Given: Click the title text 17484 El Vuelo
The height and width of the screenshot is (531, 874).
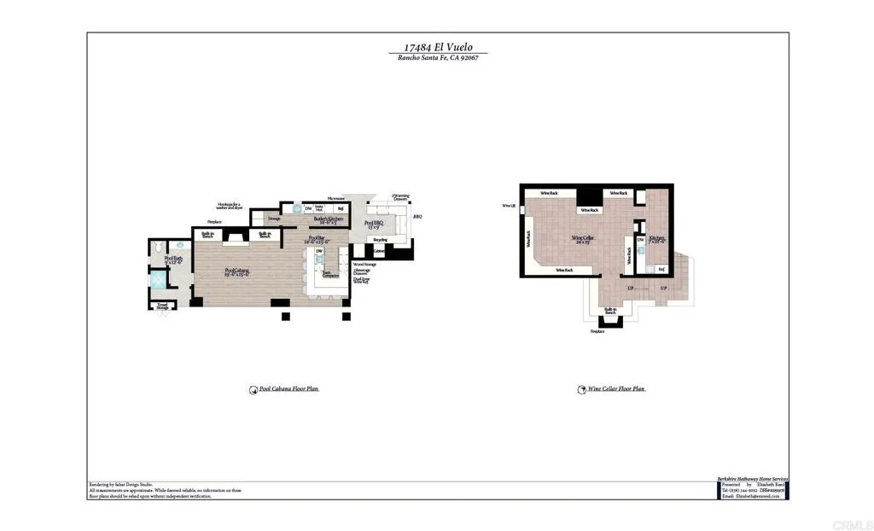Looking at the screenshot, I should [x=437, y=49].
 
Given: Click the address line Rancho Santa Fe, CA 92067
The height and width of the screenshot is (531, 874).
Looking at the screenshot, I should [x=437, y=58].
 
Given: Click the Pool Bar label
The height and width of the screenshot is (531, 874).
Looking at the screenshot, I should [x=318, y=240].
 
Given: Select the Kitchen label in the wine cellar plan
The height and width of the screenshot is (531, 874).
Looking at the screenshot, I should [x=656, y=240].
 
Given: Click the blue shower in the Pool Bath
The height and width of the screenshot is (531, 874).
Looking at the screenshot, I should [x=160, y=280].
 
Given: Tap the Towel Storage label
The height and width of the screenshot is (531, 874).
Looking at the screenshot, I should [x=162, y=305].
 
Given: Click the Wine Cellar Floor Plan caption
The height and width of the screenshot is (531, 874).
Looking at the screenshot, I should [x=615, y=388].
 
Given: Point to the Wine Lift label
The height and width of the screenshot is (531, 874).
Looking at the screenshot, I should [x=509, y=206].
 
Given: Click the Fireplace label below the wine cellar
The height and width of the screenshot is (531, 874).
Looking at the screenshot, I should [x=597, y=331].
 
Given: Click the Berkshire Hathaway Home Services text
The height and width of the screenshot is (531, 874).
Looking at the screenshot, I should [x=752, y=480].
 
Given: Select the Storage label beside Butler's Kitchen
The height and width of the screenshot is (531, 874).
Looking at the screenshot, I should [x=274, y=219].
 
